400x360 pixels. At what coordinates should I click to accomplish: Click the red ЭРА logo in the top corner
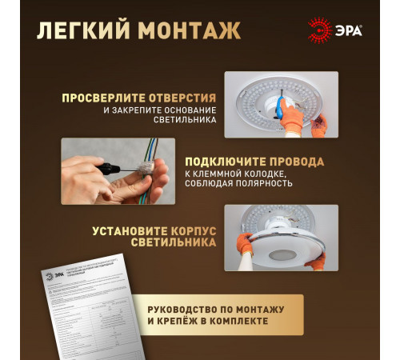[x=336, y=30]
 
